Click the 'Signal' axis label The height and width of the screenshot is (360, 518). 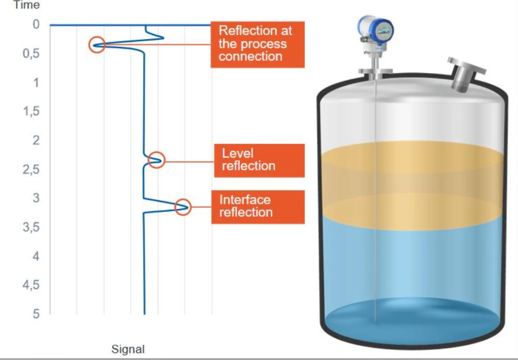click(x=128, y=349)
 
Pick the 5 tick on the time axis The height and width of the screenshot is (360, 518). click(x=35, y=314)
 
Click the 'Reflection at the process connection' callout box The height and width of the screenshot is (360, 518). click(x=252, y=44)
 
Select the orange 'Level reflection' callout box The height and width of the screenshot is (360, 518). click(x=259, y=160)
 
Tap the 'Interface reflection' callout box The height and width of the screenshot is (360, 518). click(x=258, y=207)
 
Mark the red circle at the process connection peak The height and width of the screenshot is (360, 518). click(x=97, y=45)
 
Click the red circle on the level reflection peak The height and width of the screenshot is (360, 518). click(x=157, y=160)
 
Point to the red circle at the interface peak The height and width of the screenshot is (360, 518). click(x=183, y=207)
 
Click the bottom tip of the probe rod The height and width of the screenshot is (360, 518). click(x=375, y=320)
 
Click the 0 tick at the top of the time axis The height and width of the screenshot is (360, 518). click(x=36, y=25)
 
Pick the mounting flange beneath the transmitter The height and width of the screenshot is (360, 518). click(x=375, y=71)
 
